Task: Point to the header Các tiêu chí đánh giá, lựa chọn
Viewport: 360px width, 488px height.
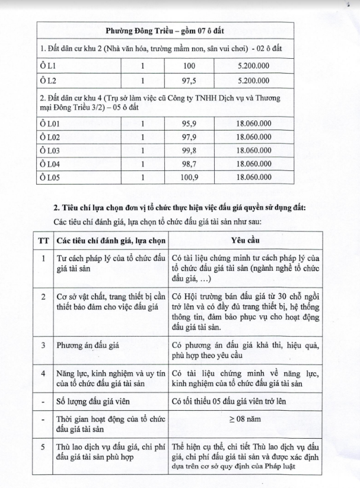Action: pos(110,242)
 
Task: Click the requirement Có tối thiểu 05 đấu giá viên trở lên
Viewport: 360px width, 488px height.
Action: pos(236,400)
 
